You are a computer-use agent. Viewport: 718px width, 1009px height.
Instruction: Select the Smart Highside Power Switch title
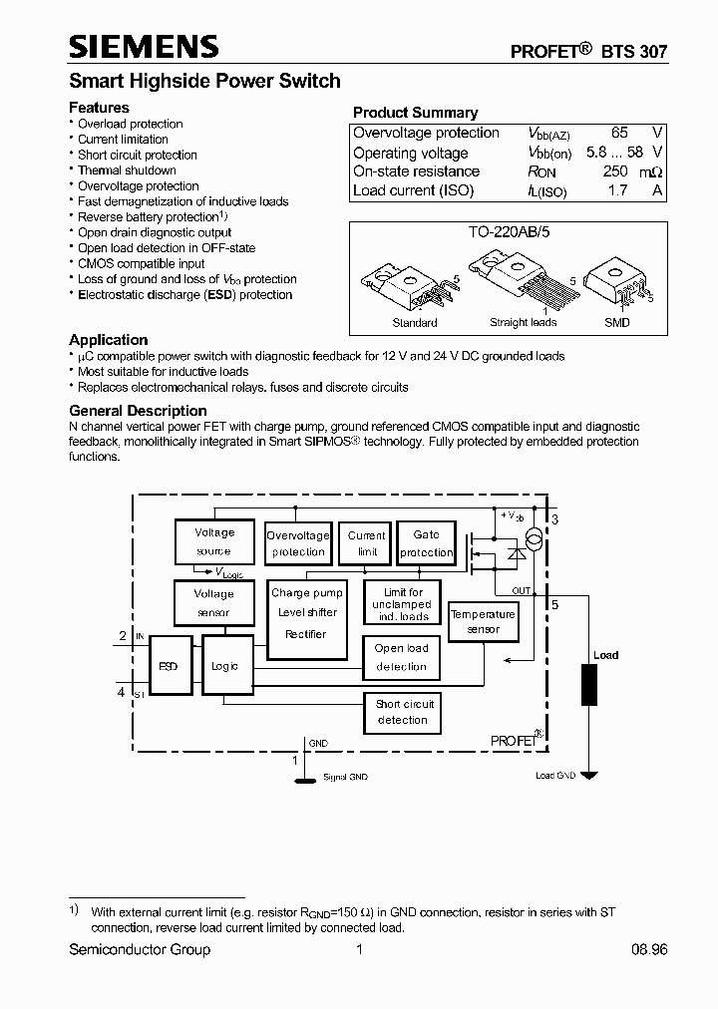tap(204, 81)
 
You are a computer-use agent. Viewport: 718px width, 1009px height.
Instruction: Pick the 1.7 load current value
tap(618, 190)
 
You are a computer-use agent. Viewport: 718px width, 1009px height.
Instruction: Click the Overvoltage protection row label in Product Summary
tap(426, 134)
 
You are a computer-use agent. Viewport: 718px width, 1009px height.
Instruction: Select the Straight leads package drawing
tap(521, 284)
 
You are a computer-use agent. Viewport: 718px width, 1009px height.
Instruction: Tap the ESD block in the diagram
tap(169, 665)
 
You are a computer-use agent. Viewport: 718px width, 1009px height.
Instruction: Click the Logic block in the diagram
tap(224, 665)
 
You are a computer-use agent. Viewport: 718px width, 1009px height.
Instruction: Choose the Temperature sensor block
tap(483, 622)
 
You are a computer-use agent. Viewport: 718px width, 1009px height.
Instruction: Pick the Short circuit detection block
tap(403, 712)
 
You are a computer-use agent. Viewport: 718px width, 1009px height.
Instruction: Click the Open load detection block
tap(402, 657)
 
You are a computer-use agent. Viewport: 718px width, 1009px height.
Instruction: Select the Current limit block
tap(367, 543)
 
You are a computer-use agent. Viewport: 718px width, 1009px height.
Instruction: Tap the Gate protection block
tap(426, 543)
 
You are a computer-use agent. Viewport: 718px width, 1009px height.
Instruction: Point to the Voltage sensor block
tap(213, 602)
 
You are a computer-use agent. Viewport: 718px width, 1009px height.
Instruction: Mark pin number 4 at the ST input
tap(122, 691)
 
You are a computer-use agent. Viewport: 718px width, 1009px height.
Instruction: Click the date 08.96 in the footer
tap(648, 950)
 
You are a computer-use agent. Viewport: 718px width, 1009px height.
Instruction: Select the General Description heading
tap(138, 411)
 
